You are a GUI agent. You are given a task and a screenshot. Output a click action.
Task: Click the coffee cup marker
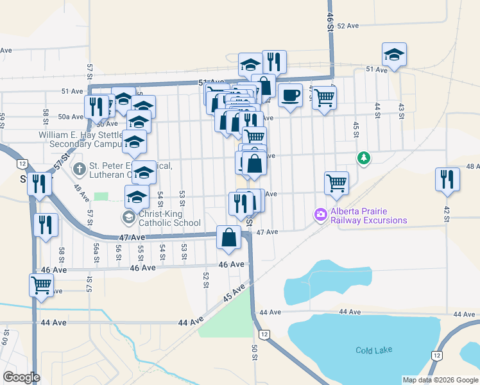pyautogui.click(x=291, y=96)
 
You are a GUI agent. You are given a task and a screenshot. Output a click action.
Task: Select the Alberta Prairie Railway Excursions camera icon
pyautogui.click(x=320, y=214)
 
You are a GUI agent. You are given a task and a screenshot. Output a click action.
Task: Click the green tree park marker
pyautogui.click(x=364, y=157)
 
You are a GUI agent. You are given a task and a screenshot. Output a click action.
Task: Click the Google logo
pyautogui.click(x=21, y=377)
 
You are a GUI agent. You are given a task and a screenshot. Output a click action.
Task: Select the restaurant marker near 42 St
pyautogui.click(x=447, y=179)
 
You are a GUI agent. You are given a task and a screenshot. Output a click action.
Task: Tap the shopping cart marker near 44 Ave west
pyautogui.click(x=42, y=284)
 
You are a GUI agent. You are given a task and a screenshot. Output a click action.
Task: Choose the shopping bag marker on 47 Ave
pyautogui.click(x=229, y=237)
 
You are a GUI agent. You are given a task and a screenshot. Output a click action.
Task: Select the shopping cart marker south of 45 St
pyautogui.click(x=336, y=183)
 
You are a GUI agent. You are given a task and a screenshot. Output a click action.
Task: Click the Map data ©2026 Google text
pyautogui.click(x=440, y=380)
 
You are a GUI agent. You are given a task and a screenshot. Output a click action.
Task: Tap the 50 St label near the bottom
pyautogui.click(x=255, y=351)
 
